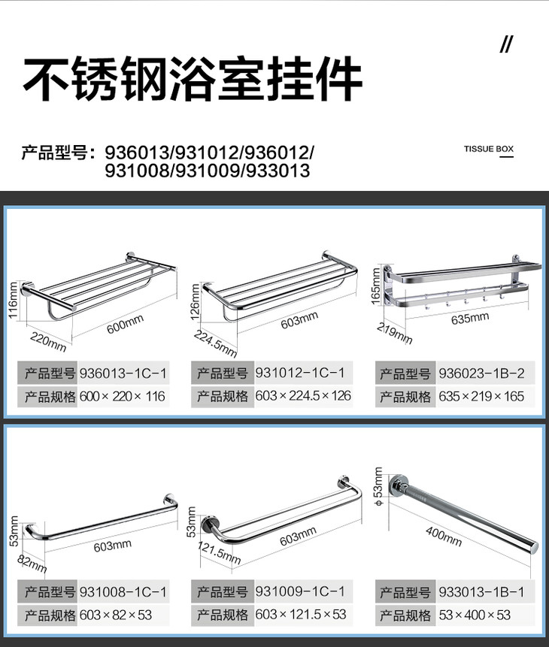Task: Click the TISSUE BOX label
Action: [x=488, y=149]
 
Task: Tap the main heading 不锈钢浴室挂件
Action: [x=193, y=78]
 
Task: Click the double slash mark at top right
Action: [x=506, y=44]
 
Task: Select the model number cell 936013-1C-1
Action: [x=123, y=373]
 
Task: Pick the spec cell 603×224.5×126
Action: [x=303, y=396]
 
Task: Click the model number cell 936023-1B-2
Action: [x=481, y=373]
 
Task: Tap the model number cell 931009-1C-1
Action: [x=300, y=591]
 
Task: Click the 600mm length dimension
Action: [x=125, y=324]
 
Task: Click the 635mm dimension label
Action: [x=470, y=318]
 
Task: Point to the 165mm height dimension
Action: [x=375, y=286]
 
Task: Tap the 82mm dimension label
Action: [x=32, y=564]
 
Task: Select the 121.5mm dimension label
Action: [x=219, y=553]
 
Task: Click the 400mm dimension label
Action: [x=444, y=537]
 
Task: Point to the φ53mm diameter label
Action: [x=378, y=486]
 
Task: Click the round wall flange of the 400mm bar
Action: [x=399, y=486]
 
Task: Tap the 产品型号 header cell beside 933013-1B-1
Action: [x=405, y=592]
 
